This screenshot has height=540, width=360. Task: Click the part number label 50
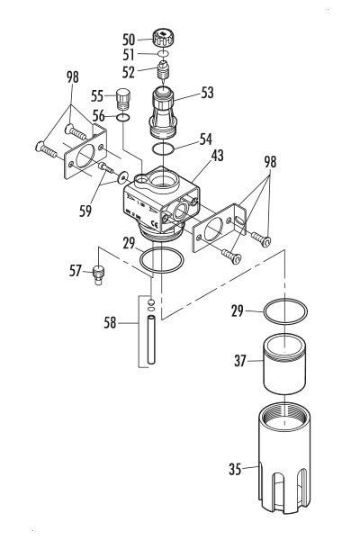pos(129,40)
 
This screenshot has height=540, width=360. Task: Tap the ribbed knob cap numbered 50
pos(162,38)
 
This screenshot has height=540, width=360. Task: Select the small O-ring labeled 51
pos(163,54)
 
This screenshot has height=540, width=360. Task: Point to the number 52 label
pos(129,72)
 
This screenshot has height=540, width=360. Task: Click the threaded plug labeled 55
pos(122,97)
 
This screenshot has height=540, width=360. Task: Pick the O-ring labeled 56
pos(123,117)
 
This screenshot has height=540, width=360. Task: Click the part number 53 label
pos(207,93)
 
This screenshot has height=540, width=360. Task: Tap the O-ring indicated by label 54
pos(163,148)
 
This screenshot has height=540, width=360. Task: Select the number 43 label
pos(218,156)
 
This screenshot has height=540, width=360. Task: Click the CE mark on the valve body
pos(154,226)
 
